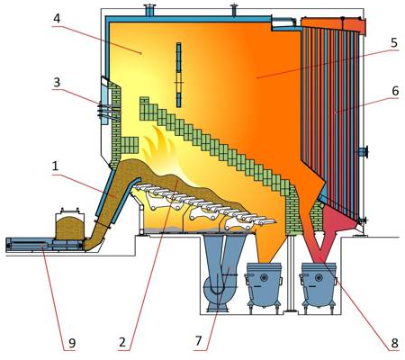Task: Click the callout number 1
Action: [x=55, y=166]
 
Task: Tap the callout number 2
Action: [x=122, y=342]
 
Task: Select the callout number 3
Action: [x=57, y=83]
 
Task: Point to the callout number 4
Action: [x=57, y=18]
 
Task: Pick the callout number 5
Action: [x=394, y=42]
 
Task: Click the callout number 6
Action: [x=395, y=91]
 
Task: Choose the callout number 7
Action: [x=198, y=341]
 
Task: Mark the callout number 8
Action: [x=394, y=343]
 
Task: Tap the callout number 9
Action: [x=72, y=343]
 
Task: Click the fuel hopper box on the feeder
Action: [x=70, y=225]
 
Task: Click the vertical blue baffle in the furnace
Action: [x=179, y=75]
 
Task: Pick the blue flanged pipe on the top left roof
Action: [x=148, y=11]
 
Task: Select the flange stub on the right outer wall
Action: [x=363, y=152]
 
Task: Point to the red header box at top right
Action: [x=334, y=23]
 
